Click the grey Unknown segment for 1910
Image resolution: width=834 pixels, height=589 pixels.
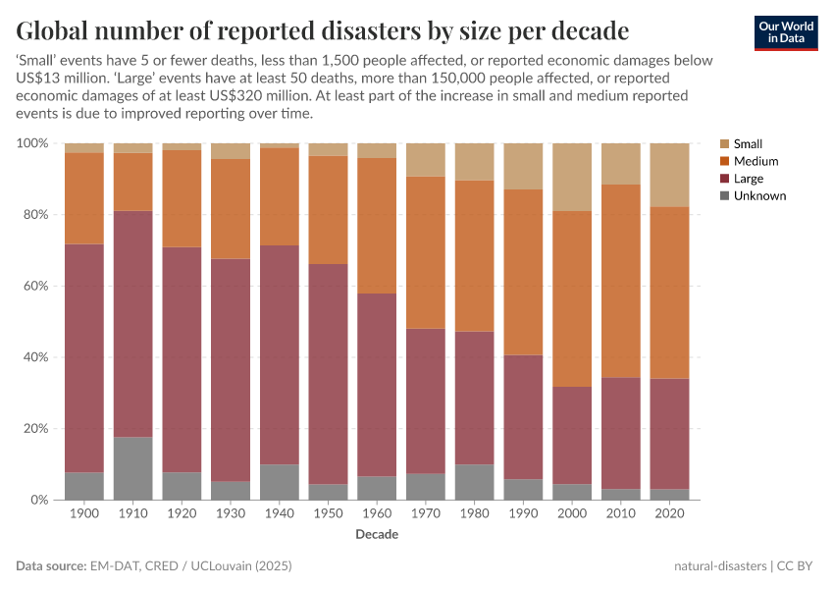[x=132, y=468]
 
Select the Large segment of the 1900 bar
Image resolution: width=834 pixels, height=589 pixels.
[x=84, y=358]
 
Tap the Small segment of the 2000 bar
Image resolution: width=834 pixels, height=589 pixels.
[x=572, y=177]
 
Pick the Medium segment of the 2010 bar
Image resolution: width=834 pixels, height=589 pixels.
[x=620, y=281]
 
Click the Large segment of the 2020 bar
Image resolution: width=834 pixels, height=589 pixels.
[x=669, y=433]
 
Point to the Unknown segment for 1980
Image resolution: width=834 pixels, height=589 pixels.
[x=474, y=482]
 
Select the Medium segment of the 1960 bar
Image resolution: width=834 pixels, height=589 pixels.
[x=377, y=226]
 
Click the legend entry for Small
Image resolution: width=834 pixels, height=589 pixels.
[x=748, y=143]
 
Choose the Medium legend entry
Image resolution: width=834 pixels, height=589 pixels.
[x=756, y=161]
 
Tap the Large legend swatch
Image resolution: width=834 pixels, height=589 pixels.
[x=725, y=179]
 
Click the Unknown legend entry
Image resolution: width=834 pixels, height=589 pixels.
[x=759, y=196]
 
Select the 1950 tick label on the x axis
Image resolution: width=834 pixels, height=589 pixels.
[x=328, y=514]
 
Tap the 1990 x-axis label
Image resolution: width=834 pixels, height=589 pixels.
[x=523, y=514]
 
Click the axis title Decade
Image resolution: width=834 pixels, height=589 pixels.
[x=377, y=535]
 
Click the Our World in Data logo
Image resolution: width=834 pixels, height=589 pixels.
[x=785, y=32]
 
